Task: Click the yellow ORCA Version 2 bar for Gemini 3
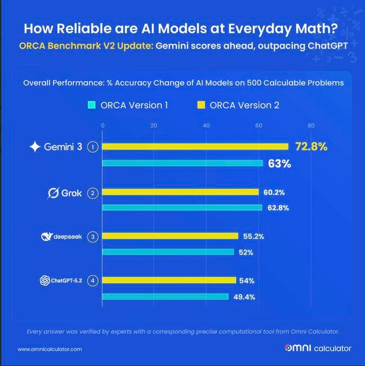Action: point(195,147)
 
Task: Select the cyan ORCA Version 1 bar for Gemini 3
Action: point(182,164)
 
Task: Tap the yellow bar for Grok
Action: point(180,192)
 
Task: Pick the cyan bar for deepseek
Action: point(168,252)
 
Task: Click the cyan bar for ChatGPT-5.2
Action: point(165,297)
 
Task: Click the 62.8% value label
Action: point(278,208)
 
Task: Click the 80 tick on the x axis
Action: point(310,125)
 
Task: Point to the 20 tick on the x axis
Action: point(154,125)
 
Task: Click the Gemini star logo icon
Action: point(35,147)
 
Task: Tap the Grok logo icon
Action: point(52,193)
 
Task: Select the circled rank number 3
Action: point(94,237)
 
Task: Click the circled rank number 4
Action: point(94,280)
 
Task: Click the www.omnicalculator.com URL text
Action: point(50,350)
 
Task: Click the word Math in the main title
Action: point(310,29)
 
